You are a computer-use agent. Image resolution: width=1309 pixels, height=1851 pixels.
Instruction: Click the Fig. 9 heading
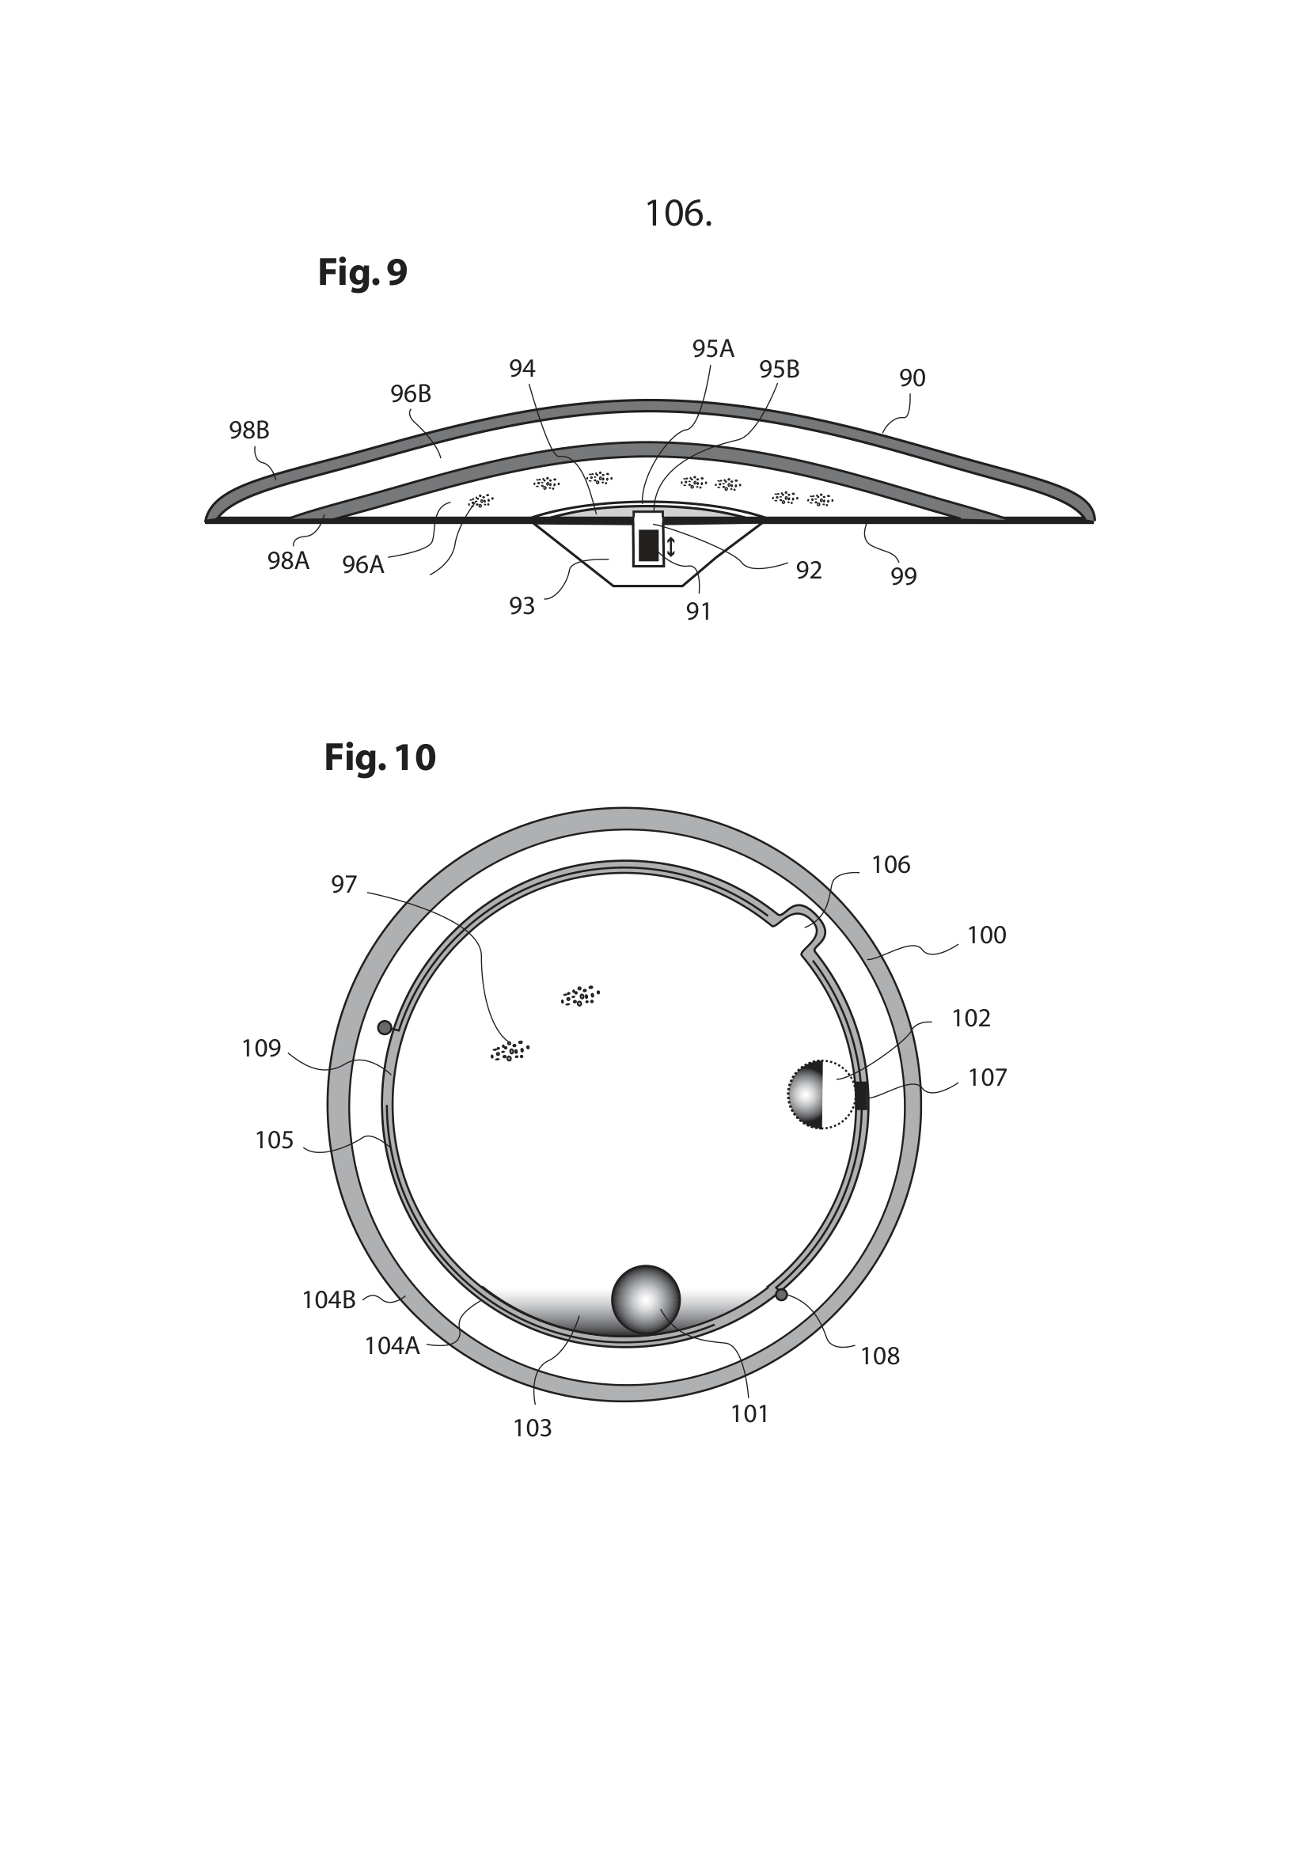click(362, 272)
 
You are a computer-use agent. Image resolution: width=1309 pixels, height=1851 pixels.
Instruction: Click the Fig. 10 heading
click(380, 758)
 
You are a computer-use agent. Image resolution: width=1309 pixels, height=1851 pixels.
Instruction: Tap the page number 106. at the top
click(679, 214)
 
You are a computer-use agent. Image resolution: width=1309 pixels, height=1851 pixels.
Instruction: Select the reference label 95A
click(712, 348)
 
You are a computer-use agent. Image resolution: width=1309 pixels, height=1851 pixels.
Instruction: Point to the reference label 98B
click(249, 431)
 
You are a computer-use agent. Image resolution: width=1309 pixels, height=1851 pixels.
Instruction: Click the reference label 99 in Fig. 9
click(904, 575)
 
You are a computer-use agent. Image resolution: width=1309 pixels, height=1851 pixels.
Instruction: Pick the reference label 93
click(522, 605)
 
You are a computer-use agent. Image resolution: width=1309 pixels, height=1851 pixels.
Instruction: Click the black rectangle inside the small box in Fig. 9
click(648, 545)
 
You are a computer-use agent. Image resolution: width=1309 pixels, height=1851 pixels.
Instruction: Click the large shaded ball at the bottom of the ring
click(646, 1299)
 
